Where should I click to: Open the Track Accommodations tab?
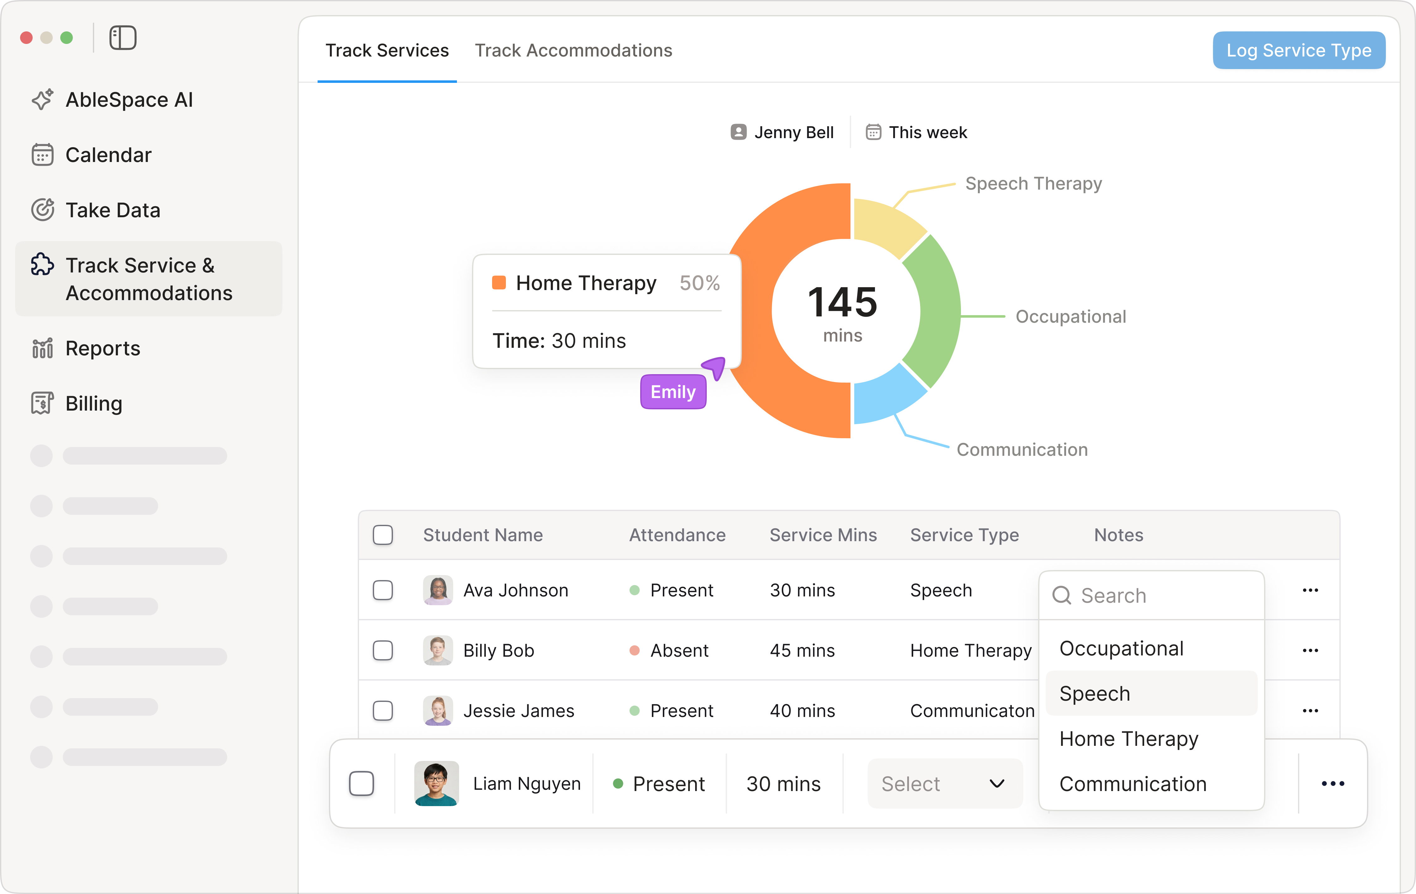click(x=573, y=51)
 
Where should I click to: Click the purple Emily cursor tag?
click(x=673, y=392)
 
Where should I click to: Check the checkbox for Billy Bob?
click(x=383, y=650)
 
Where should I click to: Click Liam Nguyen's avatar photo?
click(x=436, y=784)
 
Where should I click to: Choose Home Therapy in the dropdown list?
click(x=1129, y=739)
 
